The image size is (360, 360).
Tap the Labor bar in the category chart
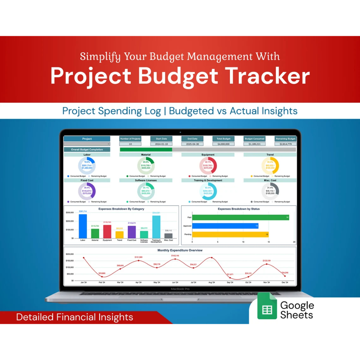coord(83,226)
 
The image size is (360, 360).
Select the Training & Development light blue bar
coord(156,227)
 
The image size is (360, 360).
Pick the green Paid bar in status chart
coord(240,218)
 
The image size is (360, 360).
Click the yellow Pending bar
coord(230,234)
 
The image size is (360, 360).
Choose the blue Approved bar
coord(225,226)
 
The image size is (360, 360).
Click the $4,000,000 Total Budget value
coord(223,144)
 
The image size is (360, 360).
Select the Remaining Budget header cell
coord(285,139)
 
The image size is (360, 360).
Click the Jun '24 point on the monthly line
coord(175,259)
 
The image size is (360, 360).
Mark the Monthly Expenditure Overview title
coord(180,250)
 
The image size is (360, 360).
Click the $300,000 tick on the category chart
coord(70,213)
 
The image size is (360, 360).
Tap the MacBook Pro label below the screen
coord(180,289)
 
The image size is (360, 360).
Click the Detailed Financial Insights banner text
coord(75,317)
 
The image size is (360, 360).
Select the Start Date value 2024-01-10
coord(161,144)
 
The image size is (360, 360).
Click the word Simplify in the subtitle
coord(101,56)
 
